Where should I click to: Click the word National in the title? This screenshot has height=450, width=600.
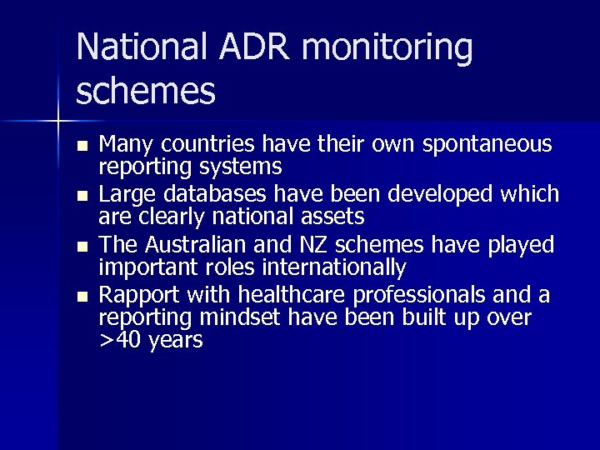tap(144, 48)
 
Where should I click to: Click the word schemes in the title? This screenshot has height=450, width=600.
tap(146, 92)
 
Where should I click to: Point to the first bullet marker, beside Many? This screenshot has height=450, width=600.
tap(80, 146)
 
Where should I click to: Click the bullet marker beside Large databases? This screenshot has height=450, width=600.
tap(80, 197)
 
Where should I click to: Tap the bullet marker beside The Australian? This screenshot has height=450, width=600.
tap(80, 247)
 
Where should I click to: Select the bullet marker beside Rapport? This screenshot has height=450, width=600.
tap(80, 297)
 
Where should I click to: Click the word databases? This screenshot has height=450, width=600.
tap(215, 195)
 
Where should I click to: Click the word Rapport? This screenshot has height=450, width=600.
tap(138, 296)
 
